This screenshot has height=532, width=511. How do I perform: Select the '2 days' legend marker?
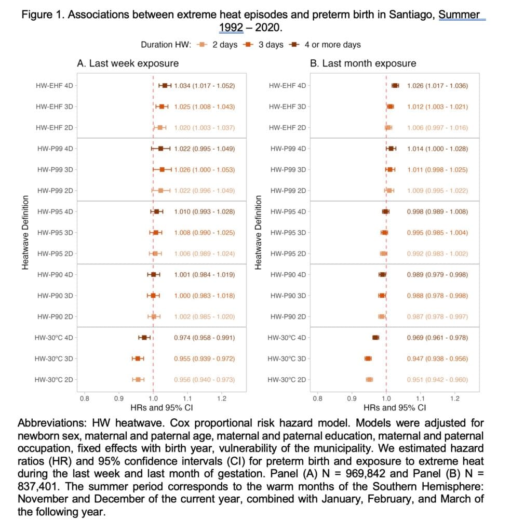[202, 45]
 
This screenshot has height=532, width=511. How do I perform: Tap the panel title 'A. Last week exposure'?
[128, 63]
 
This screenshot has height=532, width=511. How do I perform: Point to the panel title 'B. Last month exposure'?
[363, 63]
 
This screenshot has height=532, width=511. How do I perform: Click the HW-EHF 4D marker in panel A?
[165, 86]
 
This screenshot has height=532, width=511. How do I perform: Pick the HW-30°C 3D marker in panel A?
[138, 358]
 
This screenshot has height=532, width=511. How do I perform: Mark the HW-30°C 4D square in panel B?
[375, 338]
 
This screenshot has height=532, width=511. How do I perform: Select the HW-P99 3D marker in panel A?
[162, 170]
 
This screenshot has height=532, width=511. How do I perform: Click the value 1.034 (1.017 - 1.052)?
[205, 86]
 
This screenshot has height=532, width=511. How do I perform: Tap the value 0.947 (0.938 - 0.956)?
[437, 358]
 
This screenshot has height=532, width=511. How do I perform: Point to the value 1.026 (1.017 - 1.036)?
[437, 86]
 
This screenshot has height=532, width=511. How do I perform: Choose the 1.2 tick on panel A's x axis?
[222, 398]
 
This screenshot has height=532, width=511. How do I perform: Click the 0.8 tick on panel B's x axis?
[317, 398]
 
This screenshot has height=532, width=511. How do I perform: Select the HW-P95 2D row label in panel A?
[55, 254]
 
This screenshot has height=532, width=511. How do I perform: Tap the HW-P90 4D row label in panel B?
[288, 275]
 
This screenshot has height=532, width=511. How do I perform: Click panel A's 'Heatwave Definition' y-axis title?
[25, 232]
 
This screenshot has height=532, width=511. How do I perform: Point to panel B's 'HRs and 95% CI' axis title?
[395, 407]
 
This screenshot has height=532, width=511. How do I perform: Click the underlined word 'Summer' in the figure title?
[459, 15]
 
